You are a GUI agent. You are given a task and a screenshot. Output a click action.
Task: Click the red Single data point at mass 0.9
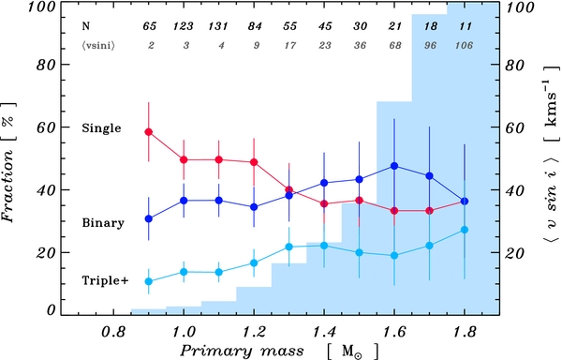(x=149, y=132)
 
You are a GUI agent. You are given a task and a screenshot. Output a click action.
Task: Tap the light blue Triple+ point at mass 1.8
(x=465, y=230)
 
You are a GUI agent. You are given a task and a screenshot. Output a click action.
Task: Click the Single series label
(x=101, y=127)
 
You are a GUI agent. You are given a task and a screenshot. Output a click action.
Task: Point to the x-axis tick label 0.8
(x=113, y=332)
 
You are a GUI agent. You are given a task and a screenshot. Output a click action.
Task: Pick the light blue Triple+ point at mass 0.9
(x=149, y=281)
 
